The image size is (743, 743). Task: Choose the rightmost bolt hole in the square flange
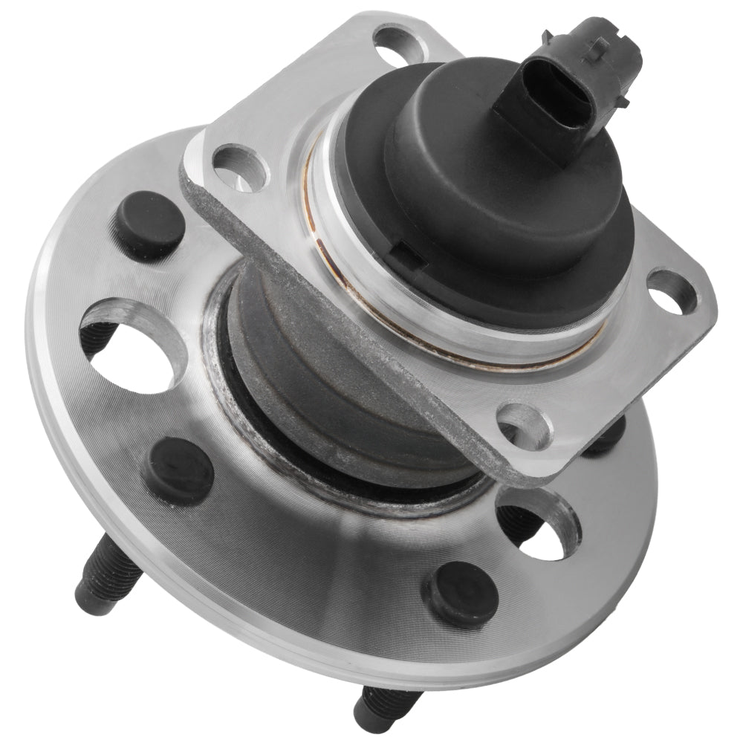coord(672,292)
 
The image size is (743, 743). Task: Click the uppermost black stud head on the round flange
coord(149,223)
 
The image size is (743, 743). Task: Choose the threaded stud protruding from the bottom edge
coord(383,706)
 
